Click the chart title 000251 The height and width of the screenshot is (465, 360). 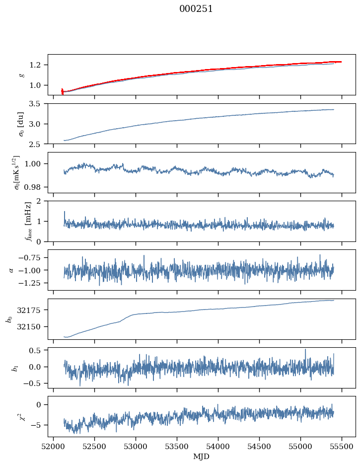[x=196, y=9]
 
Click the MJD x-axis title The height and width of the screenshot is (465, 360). [x=202, y=457]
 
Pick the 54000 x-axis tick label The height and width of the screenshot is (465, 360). [x=218, y=446]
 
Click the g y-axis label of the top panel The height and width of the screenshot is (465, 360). [x=21, y=75]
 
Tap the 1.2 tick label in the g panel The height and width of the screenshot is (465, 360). [x=38, y=65]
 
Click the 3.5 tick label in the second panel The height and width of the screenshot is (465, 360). [x=38, y=104]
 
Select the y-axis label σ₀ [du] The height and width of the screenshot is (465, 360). [x=21, y=123]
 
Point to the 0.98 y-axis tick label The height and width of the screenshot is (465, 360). [x=36, y=187]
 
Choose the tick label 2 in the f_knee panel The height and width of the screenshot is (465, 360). [x=42, y=201]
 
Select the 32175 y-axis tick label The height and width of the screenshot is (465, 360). [x=33, y=310]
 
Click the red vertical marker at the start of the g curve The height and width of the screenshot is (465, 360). [x=62, y=91]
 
